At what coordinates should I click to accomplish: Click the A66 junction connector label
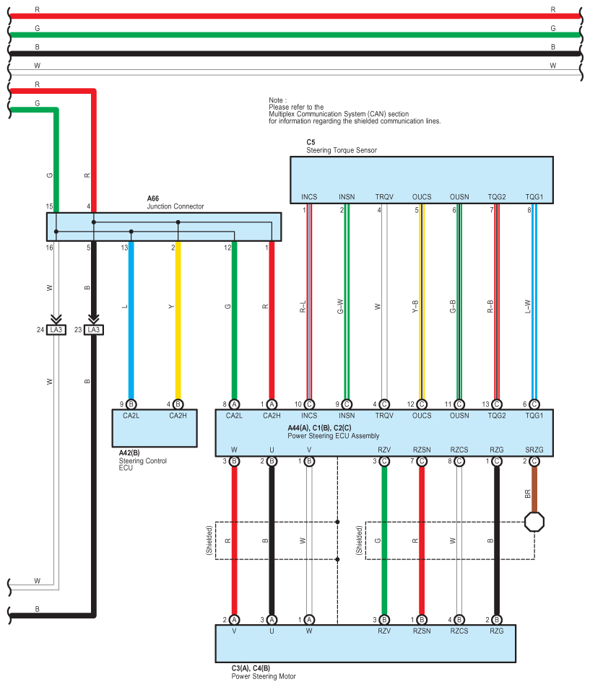pos(152,198)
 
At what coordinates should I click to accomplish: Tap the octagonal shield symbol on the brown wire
pos(534,521)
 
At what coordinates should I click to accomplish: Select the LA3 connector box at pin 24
pos(56,330)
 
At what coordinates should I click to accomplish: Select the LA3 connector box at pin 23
pos(92,330)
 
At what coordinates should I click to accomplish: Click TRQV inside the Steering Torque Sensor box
pos(384,196)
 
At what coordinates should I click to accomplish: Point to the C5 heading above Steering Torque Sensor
pos(311,143)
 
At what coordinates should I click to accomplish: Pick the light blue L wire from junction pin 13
pos(131,318)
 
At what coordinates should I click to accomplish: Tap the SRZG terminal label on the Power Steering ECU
pos(534,450)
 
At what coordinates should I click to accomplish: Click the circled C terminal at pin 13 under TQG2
pos(497,404)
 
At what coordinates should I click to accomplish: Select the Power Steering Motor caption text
pos(263,676)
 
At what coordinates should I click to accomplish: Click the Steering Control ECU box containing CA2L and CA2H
pos(155,429)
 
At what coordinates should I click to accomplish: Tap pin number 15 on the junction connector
pos(50,207)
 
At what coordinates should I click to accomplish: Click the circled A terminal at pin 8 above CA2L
pos(235,404)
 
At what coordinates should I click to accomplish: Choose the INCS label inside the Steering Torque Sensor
pos(309,196)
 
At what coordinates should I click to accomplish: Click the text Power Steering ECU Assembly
pos(333,436)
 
